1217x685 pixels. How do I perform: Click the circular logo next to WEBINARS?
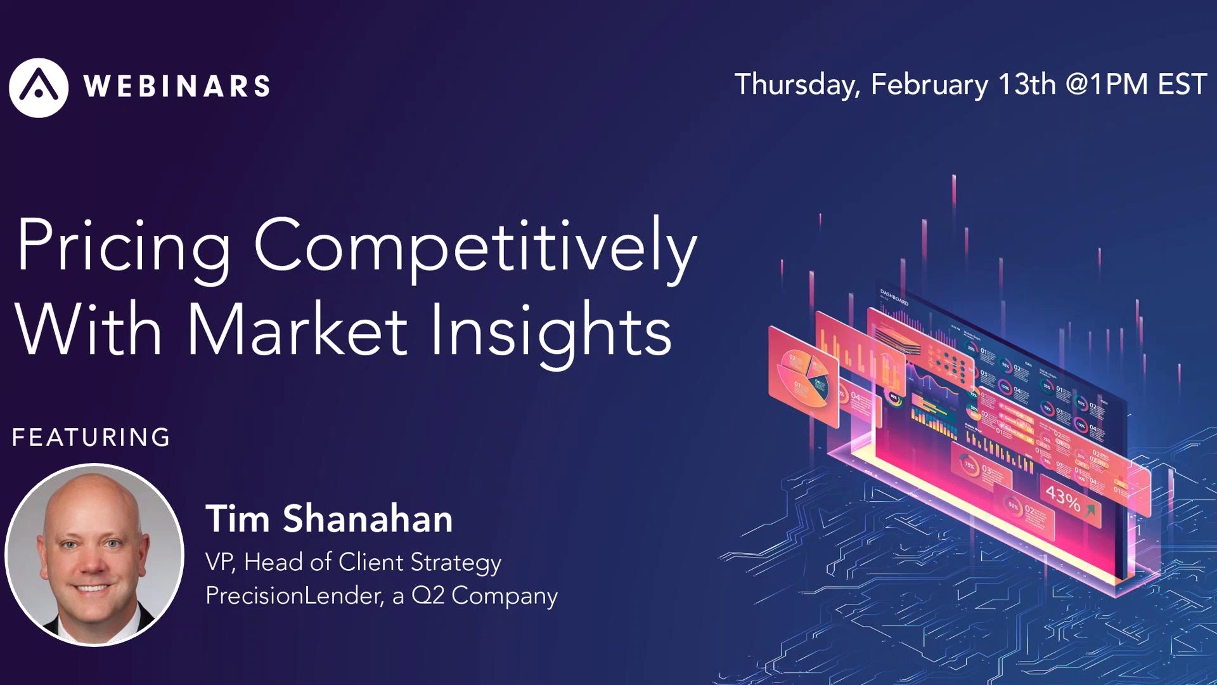click(39, 88)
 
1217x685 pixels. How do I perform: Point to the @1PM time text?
click(1107, 84)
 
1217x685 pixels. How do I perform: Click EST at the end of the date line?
click(1182, 84)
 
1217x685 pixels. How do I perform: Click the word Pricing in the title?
click(124, 247)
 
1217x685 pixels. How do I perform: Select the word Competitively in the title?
click(475, 247)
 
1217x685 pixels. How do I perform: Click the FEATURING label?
click(91, 438)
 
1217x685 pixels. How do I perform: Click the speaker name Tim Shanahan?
click(329, 519)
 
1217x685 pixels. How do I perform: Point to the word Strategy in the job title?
click(456, 563)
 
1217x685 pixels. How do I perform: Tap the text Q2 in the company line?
click(428, 596)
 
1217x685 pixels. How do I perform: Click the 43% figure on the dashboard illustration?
click(1063, 499)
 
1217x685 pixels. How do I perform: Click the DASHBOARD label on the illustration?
click(894, 297)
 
